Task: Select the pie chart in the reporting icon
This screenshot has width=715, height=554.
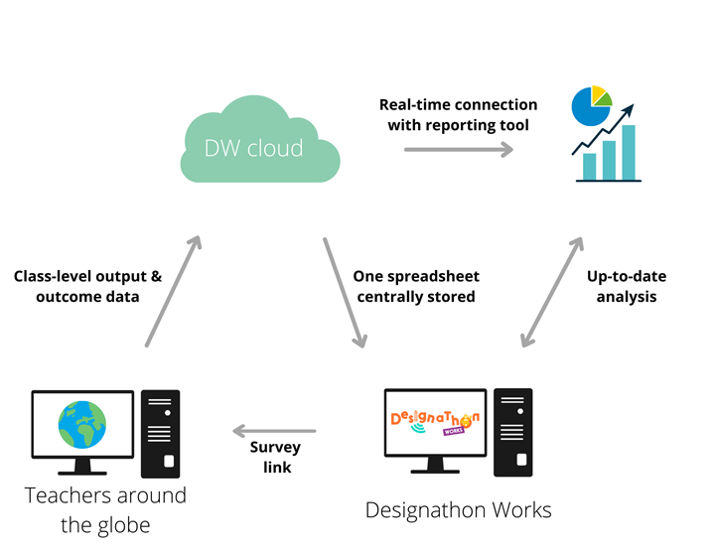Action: (590, 105)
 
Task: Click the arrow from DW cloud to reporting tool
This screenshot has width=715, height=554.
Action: (459, 149)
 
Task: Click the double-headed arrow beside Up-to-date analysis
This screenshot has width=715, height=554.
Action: (551, 292)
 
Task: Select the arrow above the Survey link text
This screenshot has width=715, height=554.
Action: (274, 431)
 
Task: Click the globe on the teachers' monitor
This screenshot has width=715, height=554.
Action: (82, 424)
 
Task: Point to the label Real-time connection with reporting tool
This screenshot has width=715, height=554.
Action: (458, 114)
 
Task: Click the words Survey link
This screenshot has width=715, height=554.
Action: (274, 458)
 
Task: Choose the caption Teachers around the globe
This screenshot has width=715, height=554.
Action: (105, 509)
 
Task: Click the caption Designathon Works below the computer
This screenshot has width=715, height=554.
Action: (458, 510)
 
